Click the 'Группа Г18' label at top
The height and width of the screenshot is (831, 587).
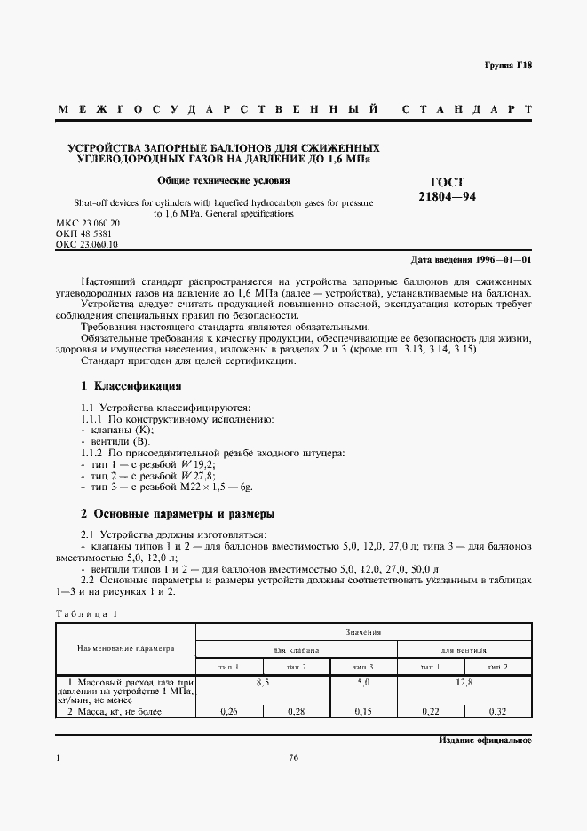coord(507,66)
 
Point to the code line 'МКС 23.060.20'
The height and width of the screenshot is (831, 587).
coord(87,222)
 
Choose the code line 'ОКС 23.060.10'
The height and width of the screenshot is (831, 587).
coord(87,243)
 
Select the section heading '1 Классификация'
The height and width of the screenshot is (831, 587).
coord(131,386)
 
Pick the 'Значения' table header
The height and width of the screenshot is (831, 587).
coord(364,633)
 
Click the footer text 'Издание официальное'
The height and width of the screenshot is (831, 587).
coord(485,740)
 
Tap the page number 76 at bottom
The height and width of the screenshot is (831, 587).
coord(293,757)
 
